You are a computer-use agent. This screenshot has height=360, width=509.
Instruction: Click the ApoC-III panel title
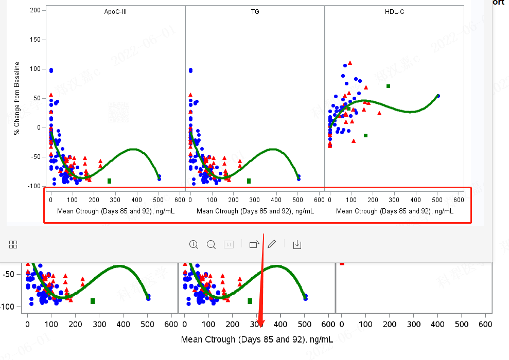pyautogui.click(x=115, y=11)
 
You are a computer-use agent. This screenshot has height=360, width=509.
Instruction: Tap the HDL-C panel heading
pyautogui.click(x=394, y=11)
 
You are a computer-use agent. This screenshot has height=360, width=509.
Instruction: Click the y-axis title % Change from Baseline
pyautogui.click(x=17, y=98)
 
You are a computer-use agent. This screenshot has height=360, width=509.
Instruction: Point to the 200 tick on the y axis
pyautogui.click(x=36, y=10)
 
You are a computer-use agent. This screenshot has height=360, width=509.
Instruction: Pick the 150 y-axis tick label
pyautogui.click(x=36, y=40)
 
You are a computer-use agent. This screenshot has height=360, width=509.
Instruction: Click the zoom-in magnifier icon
pyautogui.click(x=194, y=244)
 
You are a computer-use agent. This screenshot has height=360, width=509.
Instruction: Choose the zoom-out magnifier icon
pyautogui.click(x=211, y=244)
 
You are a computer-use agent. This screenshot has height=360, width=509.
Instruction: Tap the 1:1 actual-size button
pyautogui.click(x=229, y=244)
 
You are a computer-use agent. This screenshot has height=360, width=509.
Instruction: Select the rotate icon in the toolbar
pyautogui.click(x=254, y=244)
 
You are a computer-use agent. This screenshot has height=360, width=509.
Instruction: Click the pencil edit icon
pyautogui.click(x=272, y=244)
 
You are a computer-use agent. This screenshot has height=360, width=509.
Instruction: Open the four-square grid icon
pyautogui.click(x=13, y=244)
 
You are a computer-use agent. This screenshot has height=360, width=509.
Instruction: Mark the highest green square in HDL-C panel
pyautogui.click(x=388, y=86)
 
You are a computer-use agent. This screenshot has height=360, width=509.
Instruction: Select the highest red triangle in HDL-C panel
pyautogui.click(x=350, y=63)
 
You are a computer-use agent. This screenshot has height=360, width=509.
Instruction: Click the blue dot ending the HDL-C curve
pyautogui.click(x=438, y=96)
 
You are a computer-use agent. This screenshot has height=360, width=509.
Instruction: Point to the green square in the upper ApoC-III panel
pyautogui.click(x=109, y=181)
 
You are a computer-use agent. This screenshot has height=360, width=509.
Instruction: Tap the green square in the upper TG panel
pyautogui.click(x=249, y=181)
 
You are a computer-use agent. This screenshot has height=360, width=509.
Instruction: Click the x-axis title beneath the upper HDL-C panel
pyautogui.click(x=394, y=211)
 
